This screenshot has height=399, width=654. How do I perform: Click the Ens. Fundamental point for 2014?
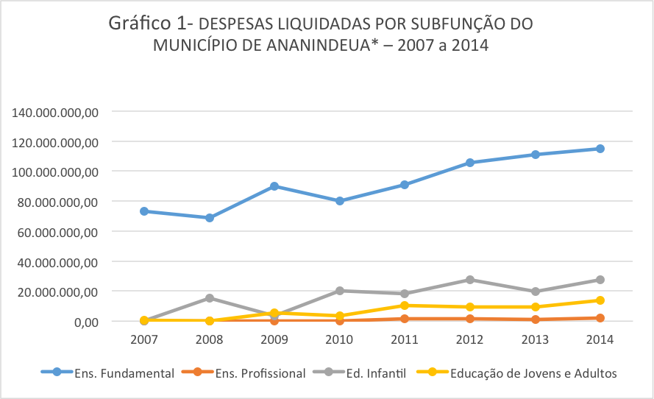[x=600, y=149]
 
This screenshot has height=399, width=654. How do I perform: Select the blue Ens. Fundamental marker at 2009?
[x=274, y=186]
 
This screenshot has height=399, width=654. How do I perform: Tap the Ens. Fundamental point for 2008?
[x=210, y=218]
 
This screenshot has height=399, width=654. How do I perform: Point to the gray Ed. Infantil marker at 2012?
[x=470, y=280]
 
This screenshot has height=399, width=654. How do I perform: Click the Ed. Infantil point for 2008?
[x=210, y=298]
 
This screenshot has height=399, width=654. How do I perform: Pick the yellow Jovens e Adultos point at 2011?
[x=405, y=306]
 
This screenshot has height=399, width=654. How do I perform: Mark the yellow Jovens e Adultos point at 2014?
[x=600, y=300]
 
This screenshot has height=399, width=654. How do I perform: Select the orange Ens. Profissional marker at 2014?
[x=600, y=318]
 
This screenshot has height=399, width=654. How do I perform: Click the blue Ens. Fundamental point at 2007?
[x=144, y=211]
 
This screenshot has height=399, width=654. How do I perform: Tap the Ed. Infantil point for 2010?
[x=340, y=291]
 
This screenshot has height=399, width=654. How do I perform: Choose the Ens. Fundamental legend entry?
[x=107, y=373]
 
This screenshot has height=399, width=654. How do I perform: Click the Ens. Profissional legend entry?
[x=243, y=373]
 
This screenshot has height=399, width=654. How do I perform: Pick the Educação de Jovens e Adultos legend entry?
[x=516, y=373]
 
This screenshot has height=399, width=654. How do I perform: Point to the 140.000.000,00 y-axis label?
[x=55, y=113]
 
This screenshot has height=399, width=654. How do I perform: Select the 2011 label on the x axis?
[x=405, y=340]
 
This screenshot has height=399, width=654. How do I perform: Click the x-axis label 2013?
[x=535, y=340]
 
